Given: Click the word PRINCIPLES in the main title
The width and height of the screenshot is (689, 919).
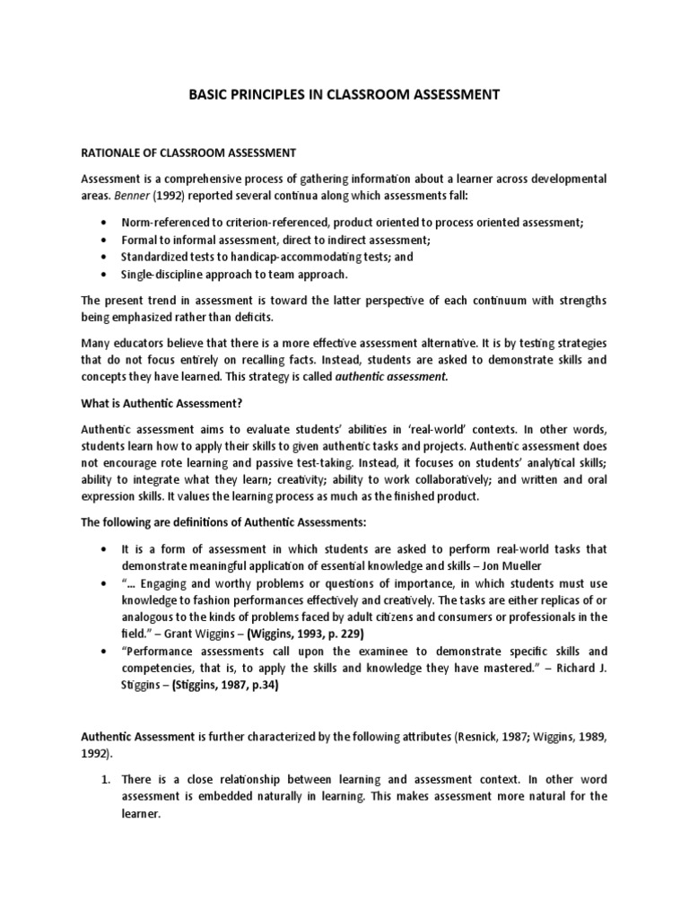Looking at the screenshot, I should click(x=271, y=92).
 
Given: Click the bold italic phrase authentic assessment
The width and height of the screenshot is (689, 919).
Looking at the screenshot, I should click(x=390, y=377).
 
